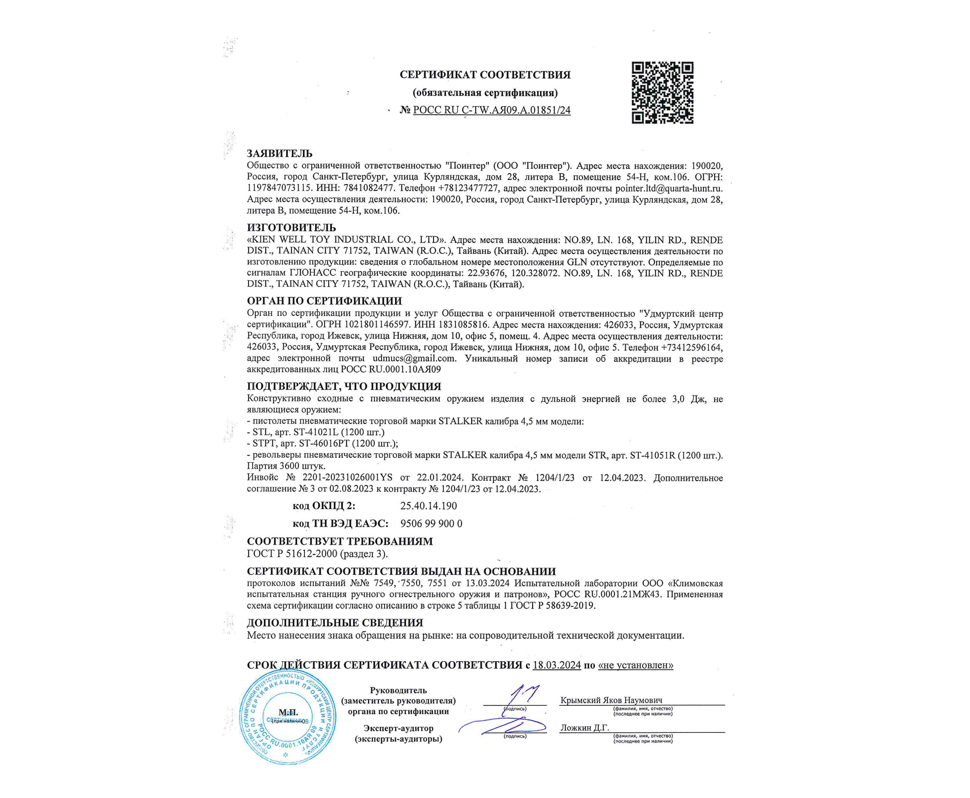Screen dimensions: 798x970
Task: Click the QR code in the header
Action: [662, 93]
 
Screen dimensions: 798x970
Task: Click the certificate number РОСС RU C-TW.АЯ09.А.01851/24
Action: [491, 110]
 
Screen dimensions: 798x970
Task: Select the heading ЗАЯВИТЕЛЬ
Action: [280, 153]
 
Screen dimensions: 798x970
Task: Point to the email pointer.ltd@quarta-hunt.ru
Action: [669, 188]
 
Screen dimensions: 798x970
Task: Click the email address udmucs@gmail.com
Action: [414, 358]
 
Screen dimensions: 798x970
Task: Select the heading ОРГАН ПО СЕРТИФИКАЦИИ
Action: [324, 301]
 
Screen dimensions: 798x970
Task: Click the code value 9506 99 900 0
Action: [431, 524]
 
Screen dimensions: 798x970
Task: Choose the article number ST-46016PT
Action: [325, 444]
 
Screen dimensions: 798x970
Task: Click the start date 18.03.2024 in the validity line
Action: [557, 665]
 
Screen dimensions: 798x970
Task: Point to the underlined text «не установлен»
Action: [635, 665]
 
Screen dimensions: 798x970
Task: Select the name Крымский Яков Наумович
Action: [611, 700]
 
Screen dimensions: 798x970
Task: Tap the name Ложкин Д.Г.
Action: [584, 728]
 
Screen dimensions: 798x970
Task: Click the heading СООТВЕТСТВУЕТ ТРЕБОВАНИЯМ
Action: [340, 541]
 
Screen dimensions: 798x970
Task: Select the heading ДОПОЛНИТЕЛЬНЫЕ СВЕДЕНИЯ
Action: [335, 623]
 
